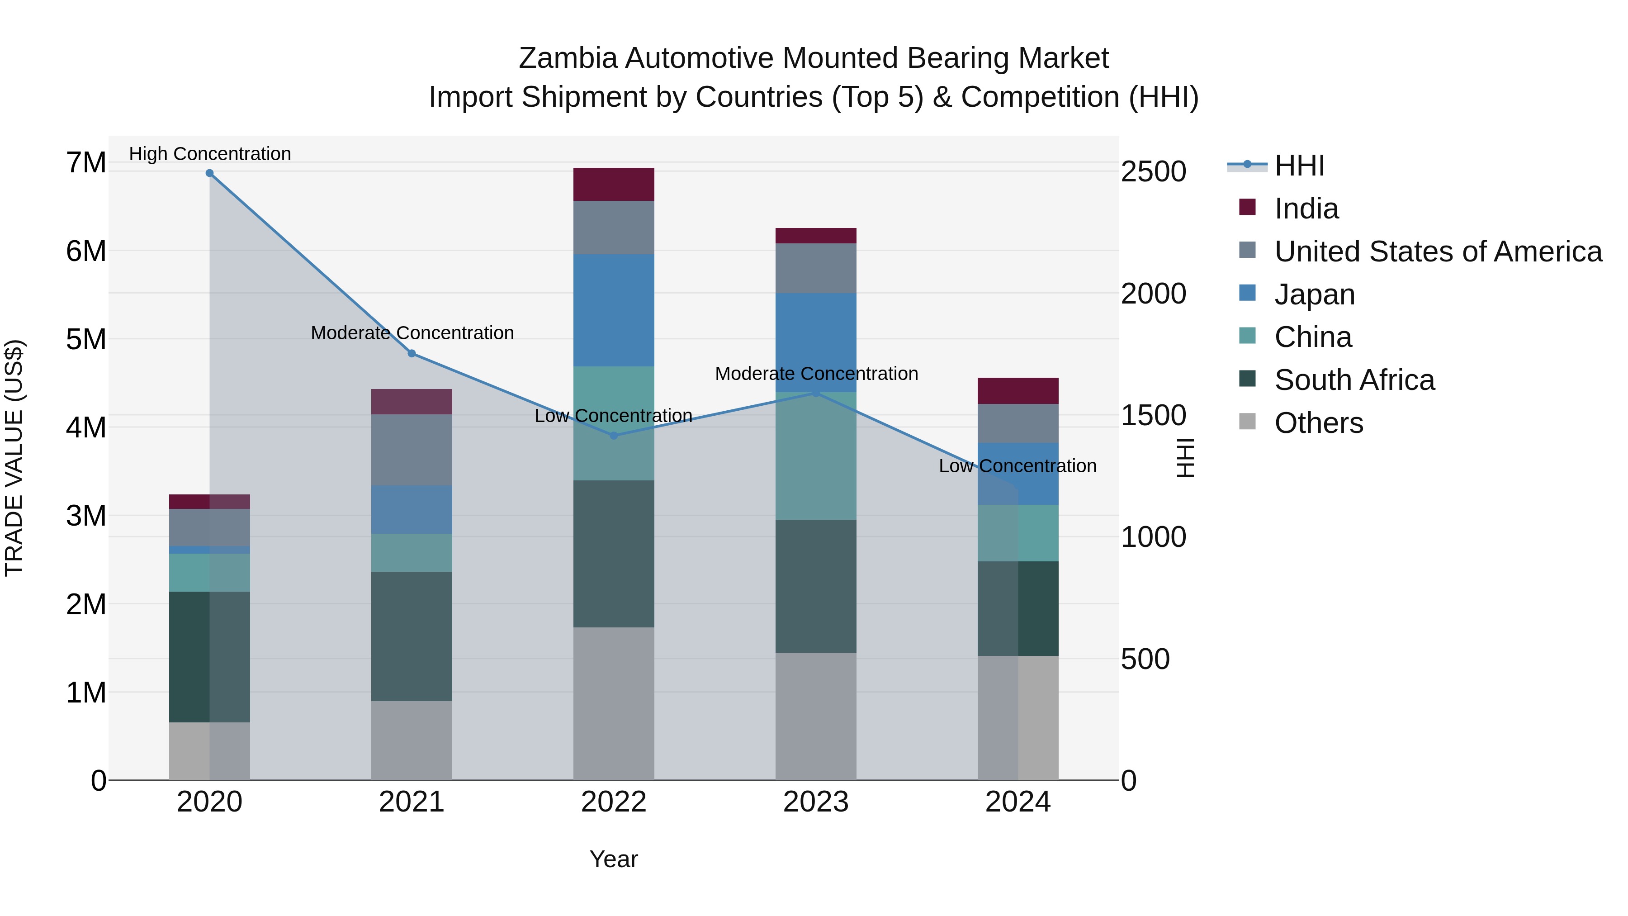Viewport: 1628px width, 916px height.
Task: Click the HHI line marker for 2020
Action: coord(209,173)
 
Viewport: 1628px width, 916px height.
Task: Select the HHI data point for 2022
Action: coord(614,436)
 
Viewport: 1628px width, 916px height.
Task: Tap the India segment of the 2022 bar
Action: coord(614,185)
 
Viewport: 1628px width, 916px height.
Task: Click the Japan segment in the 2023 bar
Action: coord(816,342)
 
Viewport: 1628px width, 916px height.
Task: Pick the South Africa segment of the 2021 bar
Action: coord(412,636)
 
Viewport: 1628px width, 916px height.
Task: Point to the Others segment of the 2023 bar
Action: coord(816,716)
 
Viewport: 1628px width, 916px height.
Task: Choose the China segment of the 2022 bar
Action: coord(614,423)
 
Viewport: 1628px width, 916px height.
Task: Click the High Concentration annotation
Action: coord(210,154)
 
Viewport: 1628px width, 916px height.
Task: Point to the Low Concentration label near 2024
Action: coord(1017,466)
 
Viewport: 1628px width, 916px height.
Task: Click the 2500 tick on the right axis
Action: coord(1153,172)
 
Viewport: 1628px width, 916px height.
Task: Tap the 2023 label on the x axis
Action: coord(816,802)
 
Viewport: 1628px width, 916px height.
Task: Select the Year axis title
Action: coord(614,859)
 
